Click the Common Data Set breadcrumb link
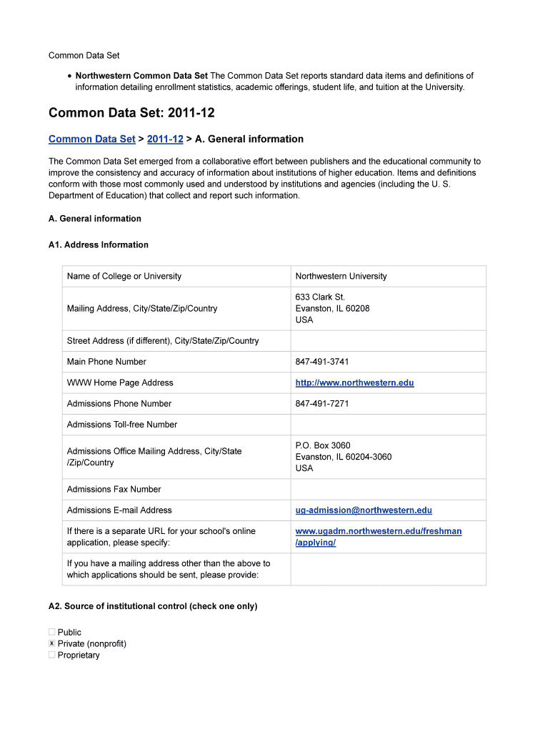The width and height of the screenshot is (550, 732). point(91,139)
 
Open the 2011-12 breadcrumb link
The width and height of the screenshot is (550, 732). point(165,139)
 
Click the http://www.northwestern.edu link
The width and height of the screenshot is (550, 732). point(354,383)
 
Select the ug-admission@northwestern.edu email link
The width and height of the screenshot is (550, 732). point(364,510)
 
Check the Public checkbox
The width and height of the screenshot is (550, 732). point(52,632)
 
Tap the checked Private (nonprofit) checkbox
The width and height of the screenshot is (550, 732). point(52,643)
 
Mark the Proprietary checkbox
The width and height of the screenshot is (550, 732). point(52,655)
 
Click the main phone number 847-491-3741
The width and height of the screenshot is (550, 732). point(322,362)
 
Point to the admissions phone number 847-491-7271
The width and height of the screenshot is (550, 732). point(322,404)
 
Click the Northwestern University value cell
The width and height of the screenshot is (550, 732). point(341,277)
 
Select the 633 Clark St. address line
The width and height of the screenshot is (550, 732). point(320,297)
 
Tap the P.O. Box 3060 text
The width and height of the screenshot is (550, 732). point(323,445)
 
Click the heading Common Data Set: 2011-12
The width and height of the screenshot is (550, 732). point(131,114)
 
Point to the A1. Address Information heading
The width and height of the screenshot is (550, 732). point(99,245)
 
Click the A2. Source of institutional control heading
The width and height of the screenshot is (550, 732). point(153,606)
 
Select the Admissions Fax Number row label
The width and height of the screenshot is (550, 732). point(114,490)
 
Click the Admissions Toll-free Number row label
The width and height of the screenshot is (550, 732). point(121,425)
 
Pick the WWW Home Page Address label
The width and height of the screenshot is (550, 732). point(120,383)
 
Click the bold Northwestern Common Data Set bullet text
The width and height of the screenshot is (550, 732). point(141,76)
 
